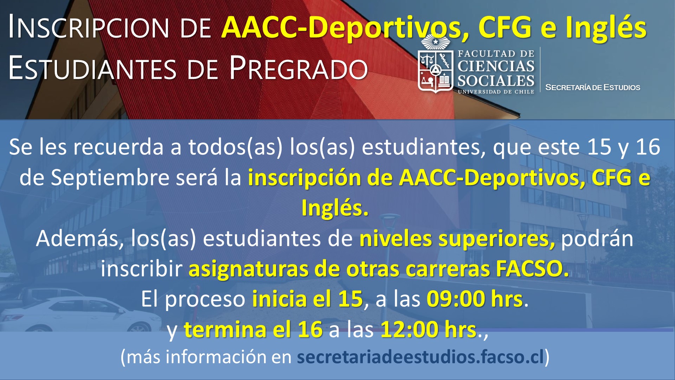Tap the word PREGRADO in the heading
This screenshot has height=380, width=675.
click(x=298, y=68)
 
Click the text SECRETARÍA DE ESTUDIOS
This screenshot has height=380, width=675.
click(x=592, y=87)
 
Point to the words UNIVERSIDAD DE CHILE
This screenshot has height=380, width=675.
click(x=496, y=92)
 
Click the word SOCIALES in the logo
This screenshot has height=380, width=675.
click(x=496, y=81)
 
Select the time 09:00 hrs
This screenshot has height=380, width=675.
click(x=475, y=299)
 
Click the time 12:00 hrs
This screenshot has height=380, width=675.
click(x=428, y=330)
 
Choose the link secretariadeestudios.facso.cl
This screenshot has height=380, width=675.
click(x=420, y=357)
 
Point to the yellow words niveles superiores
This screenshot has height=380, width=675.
click(x=457, y=239)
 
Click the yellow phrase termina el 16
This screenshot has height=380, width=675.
click(x=253, y=330)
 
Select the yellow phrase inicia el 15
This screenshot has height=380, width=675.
click(x=307, y=299)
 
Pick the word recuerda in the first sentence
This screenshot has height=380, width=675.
click(x=118, y=147)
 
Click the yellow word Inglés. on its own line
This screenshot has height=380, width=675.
click(x=335, y=208)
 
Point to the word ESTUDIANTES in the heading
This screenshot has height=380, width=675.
click(x=92, y=68)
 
